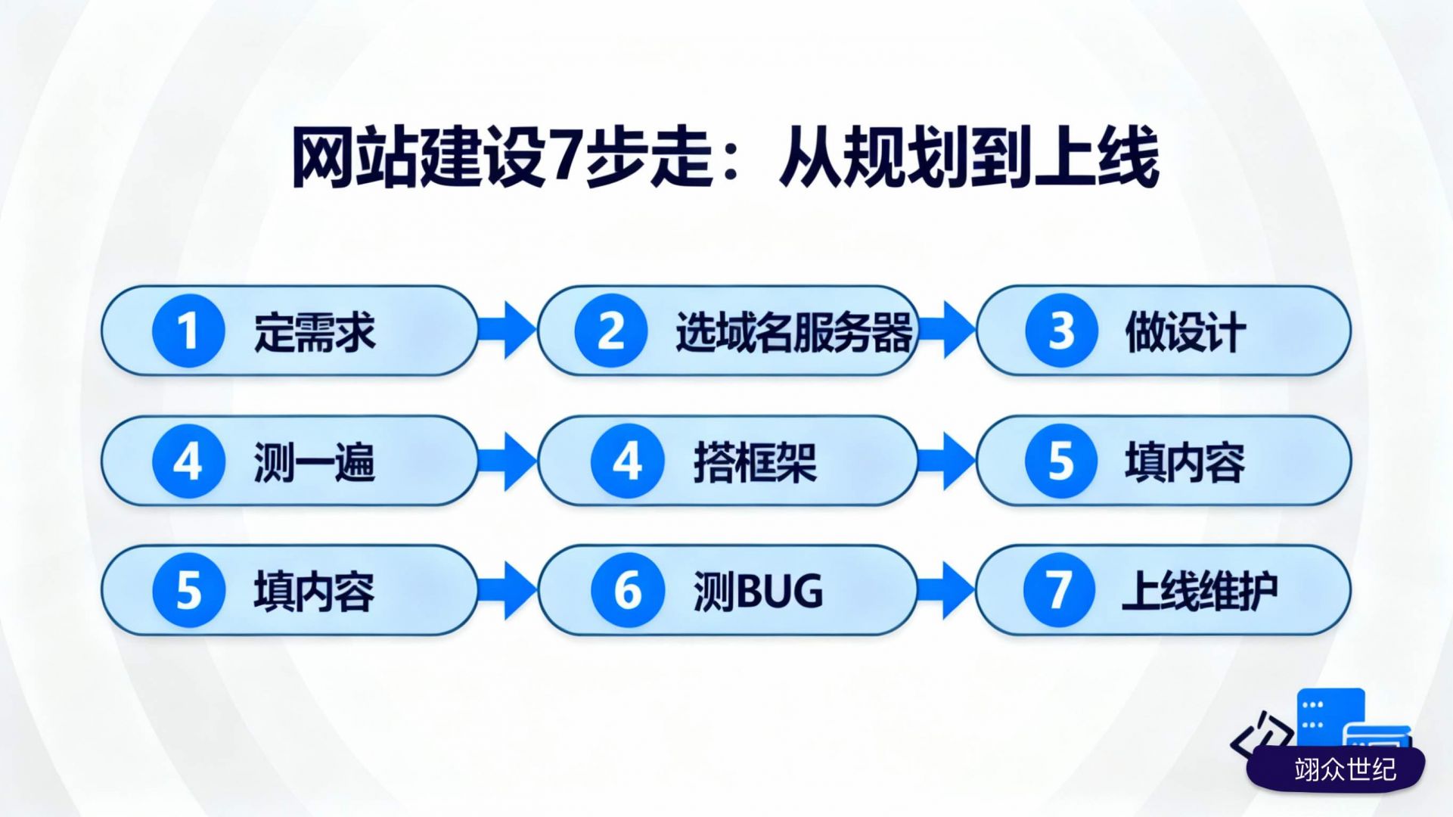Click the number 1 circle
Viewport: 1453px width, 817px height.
pyautogui.click(x=188, y=331)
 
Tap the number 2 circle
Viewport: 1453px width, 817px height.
pyautogui.click(x=611, y=331)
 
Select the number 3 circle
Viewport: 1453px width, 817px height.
pyautogui.click(x=1061, y=331)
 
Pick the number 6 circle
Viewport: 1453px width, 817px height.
pyautogui.click(x=628, y=591)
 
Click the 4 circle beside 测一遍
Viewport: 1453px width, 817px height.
pyautogui.click(x=188, y=461)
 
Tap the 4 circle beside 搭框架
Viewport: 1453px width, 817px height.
pyautogui.click(x=628, y=461)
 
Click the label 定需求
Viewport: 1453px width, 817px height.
pyautogui.click(x=315, y=332)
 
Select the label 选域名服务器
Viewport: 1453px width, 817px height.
pyautogui.click(x=794, y=332)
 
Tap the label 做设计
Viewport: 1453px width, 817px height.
pyautogui.click(x=1185, y=332)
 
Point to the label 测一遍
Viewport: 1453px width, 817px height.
pyautogui.click(x=315, y=462)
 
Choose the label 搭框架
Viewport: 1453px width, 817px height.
pyautogui.click(x=756, y=462)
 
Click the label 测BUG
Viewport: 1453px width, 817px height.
pyautogui.click(x=758, y=592)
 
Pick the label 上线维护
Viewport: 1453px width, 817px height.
pyautogui.click(x=1200, y=592)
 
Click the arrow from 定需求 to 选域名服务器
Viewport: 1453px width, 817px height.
pyautogui.click(x=508, y=331)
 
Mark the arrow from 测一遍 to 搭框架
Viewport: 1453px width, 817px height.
pyautogui.click(x=508, y=461)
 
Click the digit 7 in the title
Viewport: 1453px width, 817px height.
pyautogui.click(x=564, y=157)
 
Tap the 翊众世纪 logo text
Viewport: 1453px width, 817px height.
pyautogui.click(x=1345, y=769)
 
